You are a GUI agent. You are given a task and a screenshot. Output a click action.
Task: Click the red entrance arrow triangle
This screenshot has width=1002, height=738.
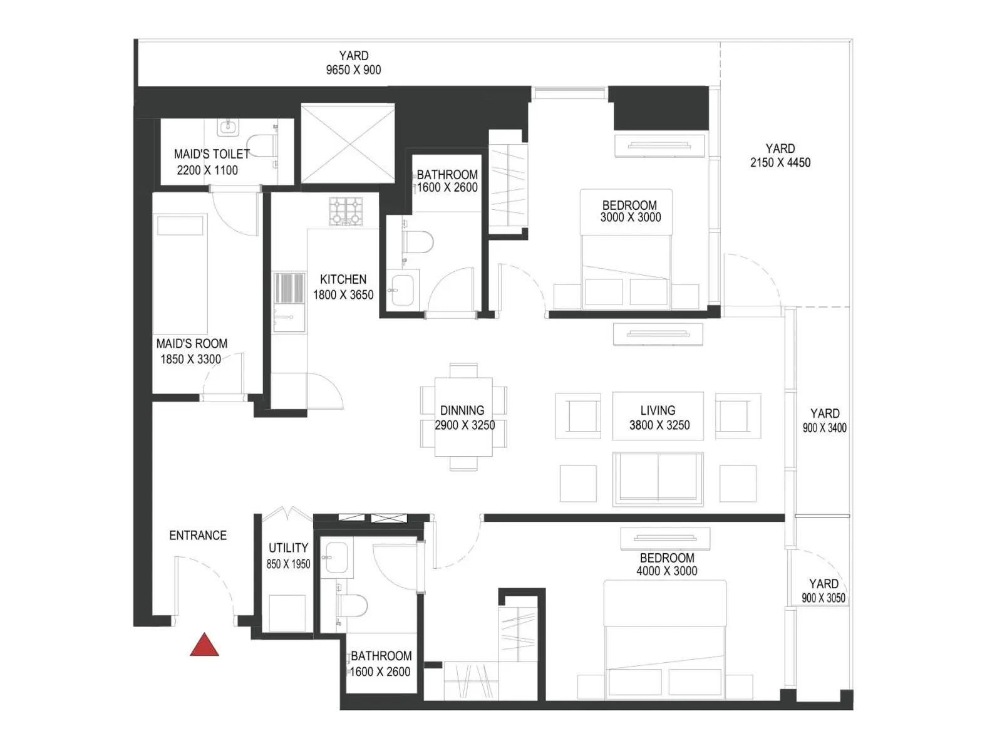[204, 645]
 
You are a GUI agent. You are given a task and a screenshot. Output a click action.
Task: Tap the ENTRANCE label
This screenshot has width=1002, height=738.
[198, 535]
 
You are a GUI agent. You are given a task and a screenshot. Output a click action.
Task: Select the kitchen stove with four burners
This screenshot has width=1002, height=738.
[346, 211]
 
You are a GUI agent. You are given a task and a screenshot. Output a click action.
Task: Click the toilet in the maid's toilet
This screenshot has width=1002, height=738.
[262, 145]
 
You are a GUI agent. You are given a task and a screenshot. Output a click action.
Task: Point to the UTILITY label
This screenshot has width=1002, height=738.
[288, 548]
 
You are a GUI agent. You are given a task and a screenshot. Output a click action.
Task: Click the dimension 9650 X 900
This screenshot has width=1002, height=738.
[353, 70]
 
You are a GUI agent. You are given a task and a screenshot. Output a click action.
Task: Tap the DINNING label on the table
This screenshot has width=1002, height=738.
[462, 410]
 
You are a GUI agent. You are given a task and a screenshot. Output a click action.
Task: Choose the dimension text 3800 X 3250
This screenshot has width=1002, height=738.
[659, 425]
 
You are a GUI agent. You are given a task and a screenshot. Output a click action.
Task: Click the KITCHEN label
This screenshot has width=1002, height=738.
[343, 279]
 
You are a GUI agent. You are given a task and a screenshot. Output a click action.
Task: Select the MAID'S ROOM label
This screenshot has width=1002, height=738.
[192, 344]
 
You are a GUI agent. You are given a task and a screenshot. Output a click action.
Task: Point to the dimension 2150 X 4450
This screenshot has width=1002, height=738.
[780, 162]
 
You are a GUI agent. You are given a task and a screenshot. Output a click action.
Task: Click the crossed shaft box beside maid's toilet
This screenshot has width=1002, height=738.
[348, 143]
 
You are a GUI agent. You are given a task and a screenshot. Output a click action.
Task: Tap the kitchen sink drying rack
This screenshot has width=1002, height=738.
[289, 288]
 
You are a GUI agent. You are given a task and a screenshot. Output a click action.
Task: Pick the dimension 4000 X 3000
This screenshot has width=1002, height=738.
[666, 571]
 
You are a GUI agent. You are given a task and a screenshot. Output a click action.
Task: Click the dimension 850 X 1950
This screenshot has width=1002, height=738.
[288, 564]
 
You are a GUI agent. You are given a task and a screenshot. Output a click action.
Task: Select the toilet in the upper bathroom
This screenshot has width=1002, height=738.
[417, 242]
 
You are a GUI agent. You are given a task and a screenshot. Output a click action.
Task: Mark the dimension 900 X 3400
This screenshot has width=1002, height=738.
[824, 428]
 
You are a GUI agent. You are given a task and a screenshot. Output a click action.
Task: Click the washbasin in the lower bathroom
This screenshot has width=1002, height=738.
[336, 558]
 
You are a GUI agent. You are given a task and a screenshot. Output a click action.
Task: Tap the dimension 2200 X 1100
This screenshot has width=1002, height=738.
[207, 170]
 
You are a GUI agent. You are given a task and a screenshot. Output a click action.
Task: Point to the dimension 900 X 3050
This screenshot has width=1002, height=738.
[823, 598]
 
